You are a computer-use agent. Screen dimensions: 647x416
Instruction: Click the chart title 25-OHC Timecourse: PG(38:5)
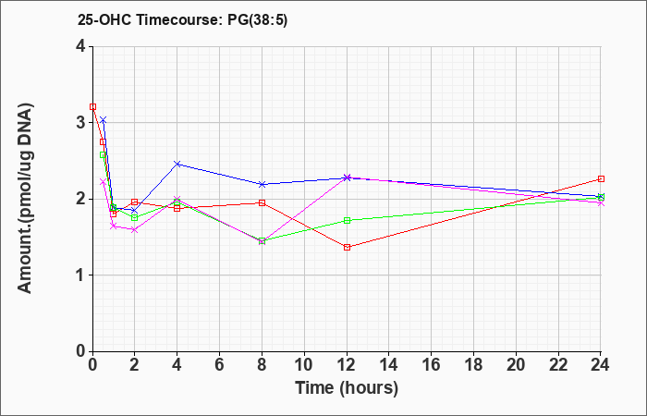pyautogui.click(x=182, y=19)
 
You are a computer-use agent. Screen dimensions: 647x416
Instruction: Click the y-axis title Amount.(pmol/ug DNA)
pyautogui.click(x=25, y=198)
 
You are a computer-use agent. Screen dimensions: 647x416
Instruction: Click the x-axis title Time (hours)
pyautogui.click(x=347, y=388)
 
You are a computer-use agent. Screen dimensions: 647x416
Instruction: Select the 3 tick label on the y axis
pyautogui.click(x=80, y=123)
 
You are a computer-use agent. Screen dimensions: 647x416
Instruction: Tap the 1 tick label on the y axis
pyautogui.click(x=80, y=275)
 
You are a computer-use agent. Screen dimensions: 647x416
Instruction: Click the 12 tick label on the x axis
pyautogui.click(x=347, y=365)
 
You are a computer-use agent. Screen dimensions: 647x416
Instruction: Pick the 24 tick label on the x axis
pyautogui.click(x=600, y=365)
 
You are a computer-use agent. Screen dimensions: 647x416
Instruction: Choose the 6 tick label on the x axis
pyautogui.click(x=220, y=365)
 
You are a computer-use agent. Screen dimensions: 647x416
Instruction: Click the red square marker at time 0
pyautogui.click(x=92, y=107)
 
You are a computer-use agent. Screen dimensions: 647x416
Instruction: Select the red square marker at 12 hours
pyautogui.click(x=347, y=247)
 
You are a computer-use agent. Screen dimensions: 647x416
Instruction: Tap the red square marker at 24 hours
pyautogui.click(x=601, y=179)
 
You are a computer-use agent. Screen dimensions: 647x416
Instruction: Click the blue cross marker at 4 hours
pyautogui.click(x=177, y=165)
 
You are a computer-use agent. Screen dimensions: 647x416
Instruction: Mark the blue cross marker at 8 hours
pyautogui.click(x=262, y=185)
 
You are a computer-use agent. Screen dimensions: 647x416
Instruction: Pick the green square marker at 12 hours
pyautogui.click(x=347, y=220)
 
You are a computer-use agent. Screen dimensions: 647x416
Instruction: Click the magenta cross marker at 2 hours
pyautogui.click(x=135, y=230)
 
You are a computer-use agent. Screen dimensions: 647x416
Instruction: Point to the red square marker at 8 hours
pyautogui.click(x=262, y=203)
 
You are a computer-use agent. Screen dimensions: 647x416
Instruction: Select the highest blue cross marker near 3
pyautogui.click(x=104, y=120)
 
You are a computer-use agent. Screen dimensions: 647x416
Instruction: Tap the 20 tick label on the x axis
pyautogui.click(x=516, y=365)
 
